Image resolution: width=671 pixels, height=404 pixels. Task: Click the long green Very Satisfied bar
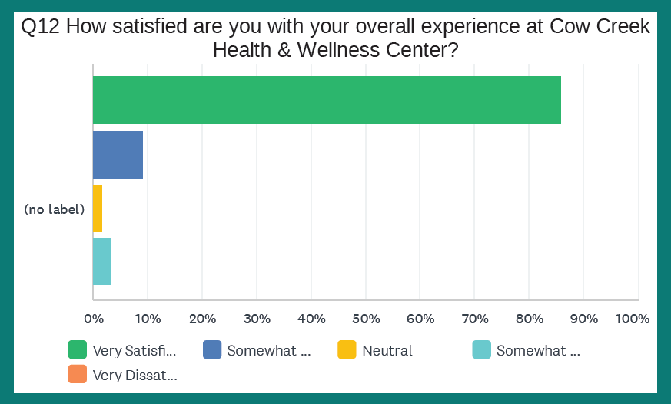point(327,100)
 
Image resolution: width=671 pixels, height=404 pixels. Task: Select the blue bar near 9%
point(118,155)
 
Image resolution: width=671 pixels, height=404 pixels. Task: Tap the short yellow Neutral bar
point(98,208)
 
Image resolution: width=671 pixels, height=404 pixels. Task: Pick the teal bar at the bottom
point(102,262)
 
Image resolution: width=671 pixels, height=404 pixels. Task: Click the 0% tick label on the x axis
point(93,319)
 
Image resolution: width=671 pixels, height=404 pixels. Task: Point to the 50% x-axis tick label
point(365,319)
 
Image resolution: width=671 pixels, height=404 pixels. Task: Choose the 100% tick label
point(633,319)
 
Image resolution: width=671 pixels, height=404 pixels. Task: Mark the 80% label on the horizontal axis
point(529,319)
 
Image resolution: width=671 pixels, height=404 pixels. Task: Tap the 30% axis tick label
point(256,319)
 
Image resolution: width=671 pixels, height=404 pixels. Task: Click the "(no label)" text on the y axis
point(54,209)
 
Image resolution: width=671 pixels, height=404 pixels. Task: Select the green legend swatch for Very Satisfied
point(77,350)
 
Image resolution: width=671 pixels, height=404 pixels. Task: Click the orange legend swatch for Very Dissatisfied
point(77,375)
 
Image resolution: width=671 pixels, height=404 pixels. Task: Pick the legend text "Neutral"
point(387,351)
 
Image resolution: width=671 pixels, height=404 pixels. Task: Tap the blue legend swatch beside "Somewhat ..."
point(212,350)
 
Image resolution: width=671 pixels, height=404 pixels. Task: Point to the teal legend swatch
point(481,350)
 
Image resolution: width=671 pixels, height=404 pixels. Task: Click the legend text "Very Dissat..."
point(135,376)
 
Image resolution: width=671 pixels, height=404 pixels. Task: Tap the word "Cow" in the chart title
point(570,27)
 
